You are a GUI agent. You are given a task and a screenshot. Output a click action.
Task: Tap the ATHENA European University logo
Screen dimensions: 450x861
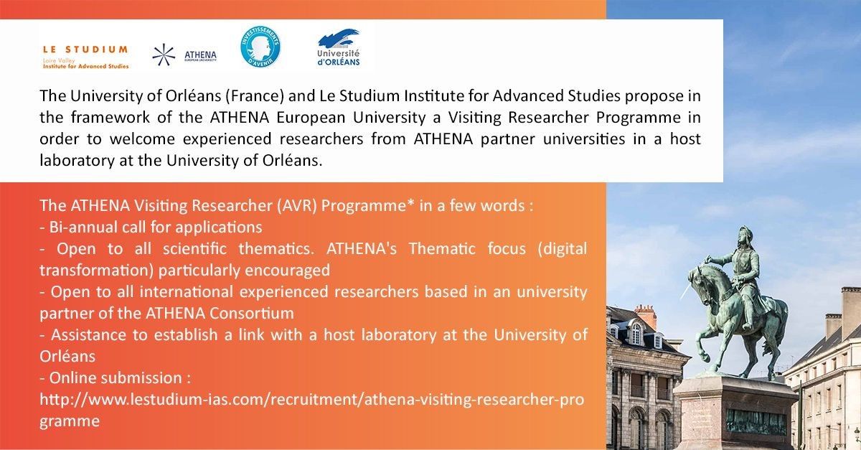coord(184,55)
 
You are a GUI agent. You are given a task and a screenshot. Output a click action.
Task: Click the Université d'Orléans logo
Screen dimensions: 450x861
coord(339,48)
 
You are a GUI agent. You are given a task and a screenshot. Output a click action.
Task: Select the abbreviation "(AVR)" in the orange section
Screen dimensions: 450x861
coord(293,206)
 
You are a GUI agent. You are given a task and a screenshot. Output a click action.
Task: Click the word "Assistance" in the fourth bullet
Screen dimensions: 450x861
coord(85,334)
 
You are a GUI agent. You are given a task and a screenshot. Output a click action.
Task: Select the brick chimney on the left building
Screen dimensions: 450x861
coord(646,316)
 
